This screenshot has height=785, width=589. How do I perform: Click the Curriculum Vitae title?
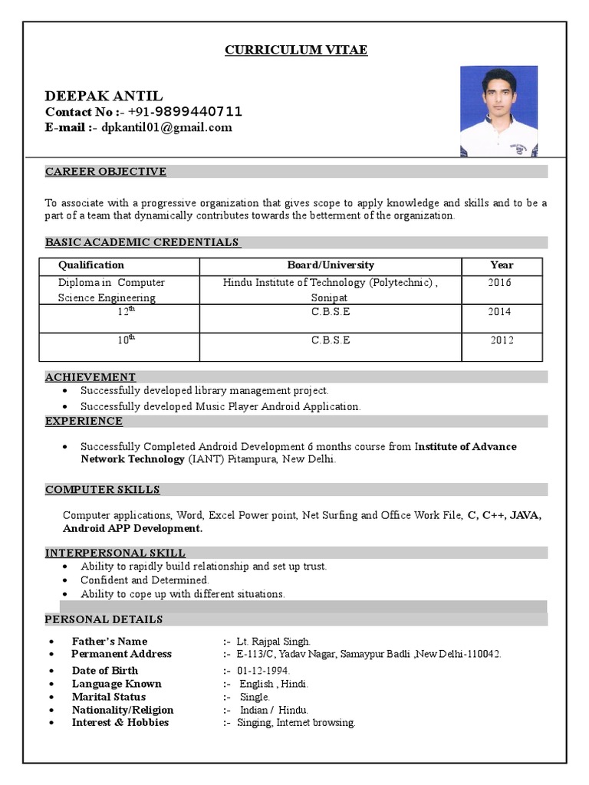point(295,51)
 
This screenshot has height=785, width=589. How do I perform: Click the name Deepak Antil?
point(104,96)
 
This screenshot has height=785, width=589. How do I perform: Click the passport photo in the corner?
point(499,111)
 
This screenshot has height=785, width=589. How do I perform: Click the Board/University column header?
point(331,265)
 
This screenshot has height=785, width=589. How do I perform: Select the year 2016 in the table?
point(499,283)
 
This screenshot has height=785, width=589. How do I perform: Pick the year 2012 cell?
point(502,340)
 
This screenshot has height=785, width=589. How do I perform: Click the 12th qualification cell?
point(127,312)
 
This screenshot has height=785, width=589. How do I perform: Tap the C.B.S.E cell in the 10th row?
point(331,340)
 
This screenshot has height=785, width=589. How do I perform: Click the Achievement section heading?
point(90,377)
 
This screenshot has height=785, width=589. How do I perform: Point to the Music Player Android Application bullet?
point(220,406)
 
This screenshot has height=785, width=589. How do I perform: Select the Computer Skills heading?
point(103,490)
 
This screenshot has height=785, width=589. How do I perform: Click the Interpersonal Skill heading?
point(115,553)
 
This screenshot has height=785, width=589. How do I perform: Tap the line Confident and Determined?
point(144,580)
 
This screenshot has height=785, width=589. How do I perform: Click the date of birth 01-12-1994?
point(263,671)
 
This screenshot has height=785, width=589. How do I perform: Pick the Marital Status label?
point(108,697)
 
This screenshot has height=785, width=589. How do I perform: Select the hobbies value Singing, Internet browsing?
point(296,723)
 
